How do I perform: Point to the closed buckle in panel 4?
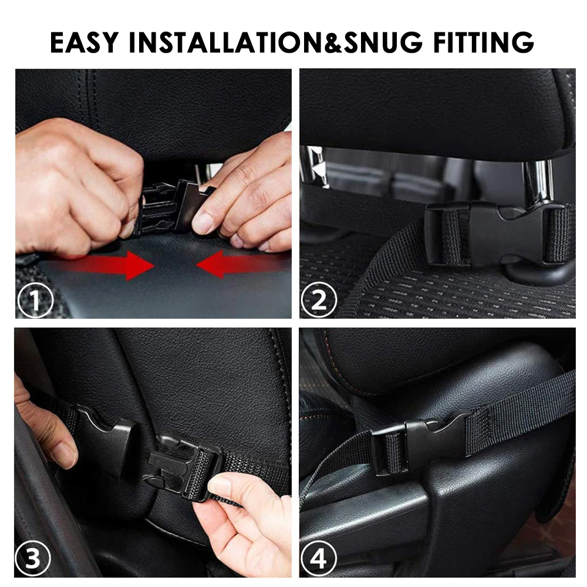pyautogui.click(x=420, y=443)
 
